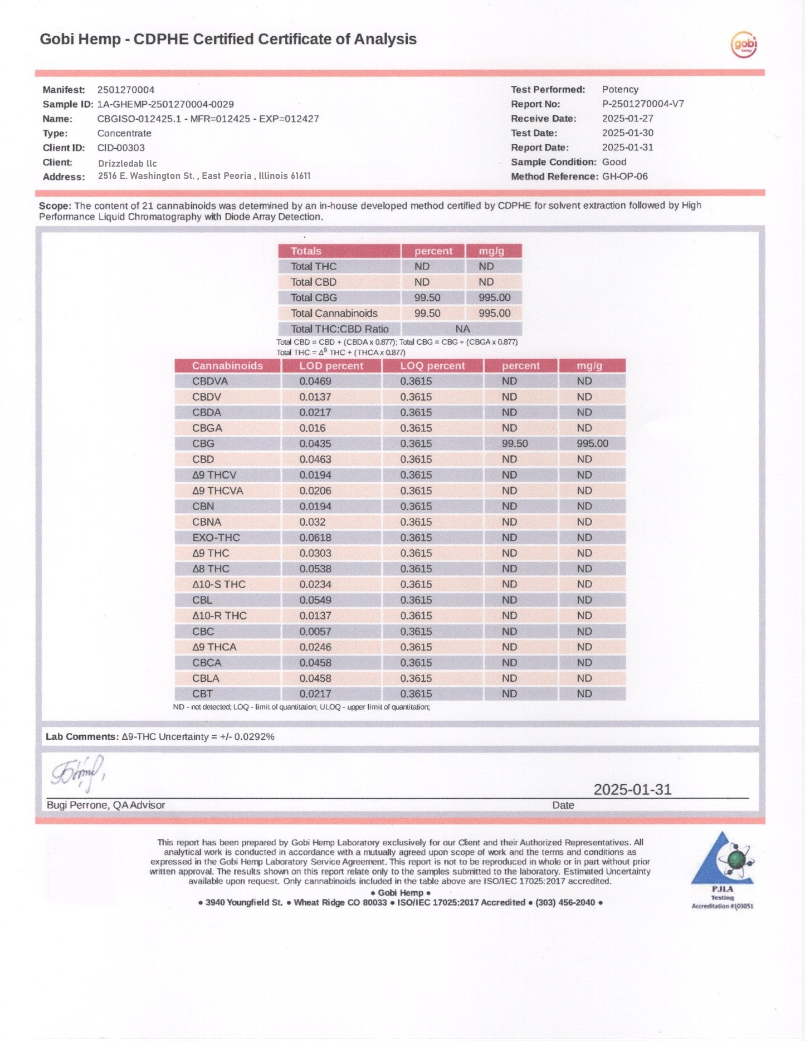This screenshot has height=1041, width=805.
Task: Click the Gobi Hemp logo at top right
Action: (x=744, y=45)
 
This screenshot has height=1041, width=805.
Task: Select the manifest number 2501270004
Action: (x=126, y=90)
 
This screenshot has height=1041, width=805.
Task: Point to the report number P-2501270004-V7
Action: (x=643, y=104)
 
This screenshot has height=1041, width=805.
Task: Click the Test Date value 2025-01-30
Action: (x=628, y=133)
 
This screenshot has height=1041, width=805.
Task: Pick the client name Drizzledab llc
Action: (x=128, y=163)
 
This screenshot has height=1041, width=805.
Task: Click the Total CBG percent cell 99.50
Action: (x=427, y=297)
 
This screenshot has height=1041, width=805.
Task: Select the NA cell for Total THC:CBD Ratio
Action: (x=462, y=329)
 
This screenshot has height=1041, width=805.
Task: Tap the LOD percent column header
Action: (x=331, y=366)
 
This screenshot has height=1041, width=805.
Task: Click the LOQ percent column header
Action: (x=432, y=366)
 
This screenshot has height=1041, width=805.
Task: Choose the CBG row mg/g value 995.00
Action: (x=592, y=443)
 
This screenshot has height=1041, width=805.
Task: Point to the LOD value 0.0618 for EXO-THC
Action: (x=315, y=537)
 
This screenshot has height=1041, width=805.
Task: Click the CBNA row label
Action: (x=207, y=522)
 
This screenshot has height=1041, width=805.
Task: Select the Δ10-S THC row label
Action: (x=219, y=584)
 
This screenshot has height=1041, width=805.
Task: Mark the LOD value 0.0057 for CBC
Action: (x=315, y=631)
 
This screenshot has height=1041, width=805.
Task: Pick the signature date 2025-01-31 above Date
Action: (x=632, y=789)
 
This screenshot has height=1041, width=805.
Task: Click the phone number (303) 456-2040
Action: (x=565, y=902)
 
